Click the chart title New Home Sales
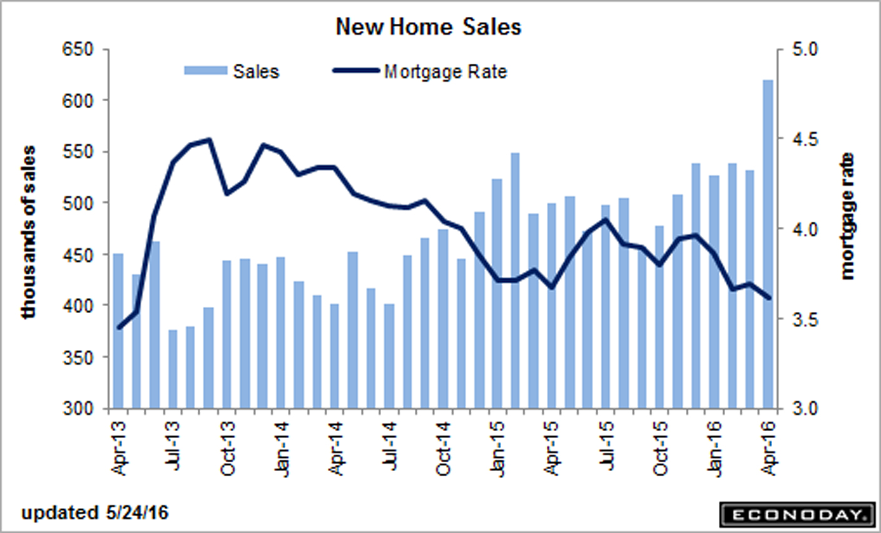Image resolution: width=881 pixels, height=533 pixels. point(428,27)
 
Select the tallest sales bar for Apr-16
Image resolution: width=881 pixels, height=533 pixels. point(767,244)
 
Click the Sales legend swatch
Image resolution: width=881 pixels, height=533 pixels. point(205,71)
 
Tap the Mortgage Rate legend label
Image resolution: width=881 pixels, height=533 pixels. point(445,71)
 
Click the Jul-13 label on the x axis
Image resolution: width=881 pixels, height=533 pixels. point(173,448)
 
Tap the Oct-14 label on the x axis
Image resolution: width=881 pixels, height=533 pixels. point(444,448)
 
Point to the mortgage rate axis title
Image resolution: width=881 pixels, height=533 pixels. point(847,216)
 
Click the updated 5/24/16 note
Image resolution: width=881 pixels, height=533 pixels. point(95,513)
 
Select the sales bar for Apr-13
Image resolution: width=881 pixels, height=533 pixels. point(118,331)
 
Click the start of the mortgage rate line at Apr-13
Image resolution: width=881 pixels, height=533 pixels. point(119,327)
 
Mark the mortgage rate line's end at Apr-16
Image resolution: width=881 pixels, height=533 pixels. point(768,298)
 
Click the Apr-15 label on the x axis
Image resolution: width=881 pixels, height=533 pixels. point(552,448)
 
